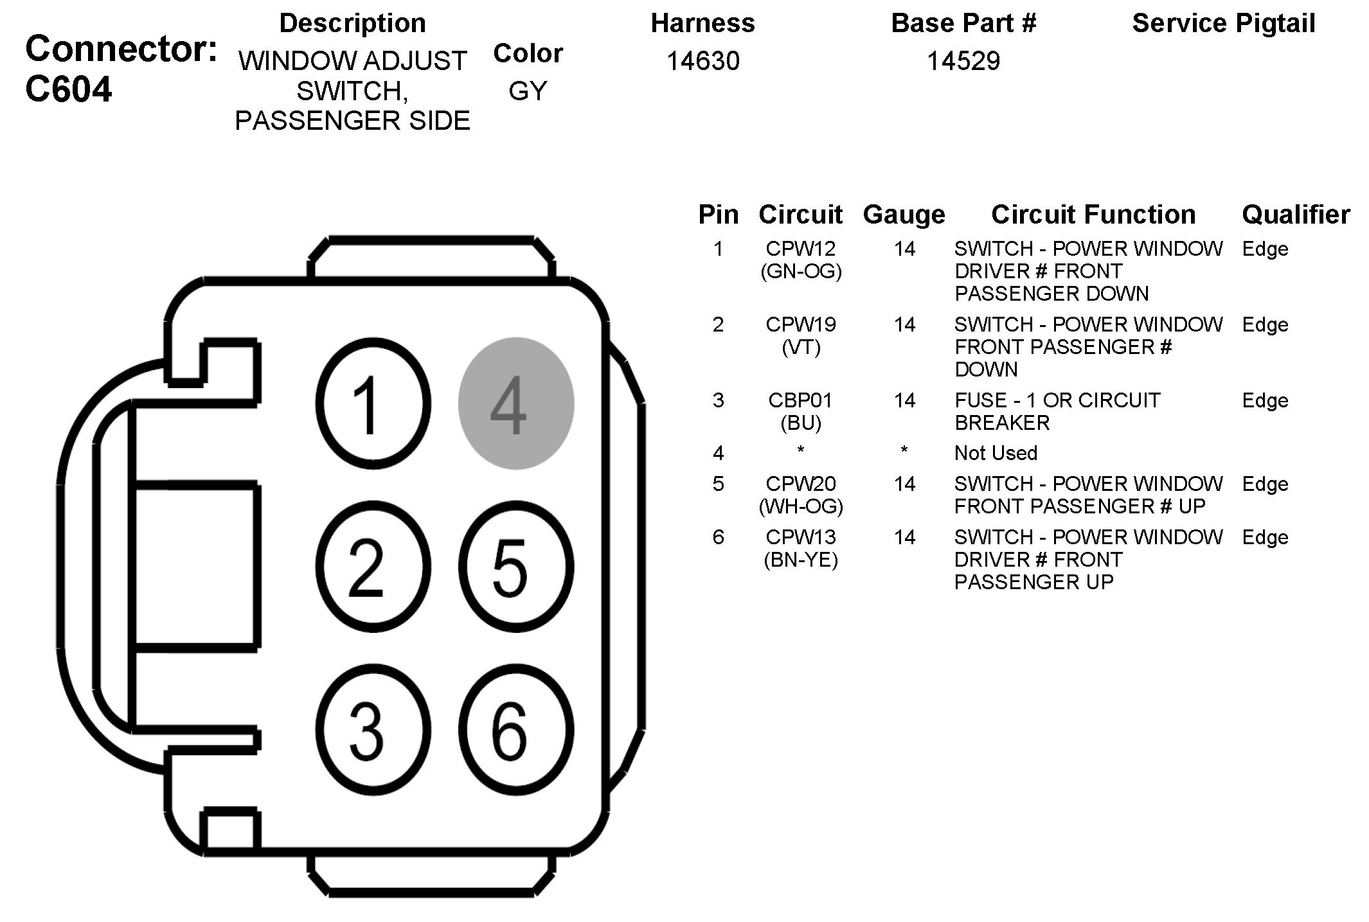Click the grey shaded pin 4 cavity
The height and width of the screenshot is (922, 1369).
coord(515,403)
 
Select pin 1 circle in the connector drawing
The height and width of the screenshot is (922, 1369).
coord(373,403)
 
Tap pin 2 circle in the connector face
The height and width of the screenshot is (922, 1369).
coord(373,567)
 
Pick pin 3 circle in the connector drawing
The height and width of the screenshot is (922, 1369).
coord(373,731)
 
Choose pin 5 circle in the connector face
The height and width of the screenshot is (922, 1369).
coord(515,567)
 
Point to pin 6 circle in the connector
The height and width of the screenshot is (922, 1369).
coord(515,731)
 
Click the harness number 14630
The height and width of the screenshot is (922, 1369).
coord(702,61)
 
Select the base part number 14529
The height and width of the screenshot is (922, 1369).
coord(963,61)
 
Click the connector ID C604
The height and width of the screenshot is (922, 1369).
coord(69,89)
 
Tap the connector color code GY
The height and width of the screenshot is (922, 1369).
coord(528,91)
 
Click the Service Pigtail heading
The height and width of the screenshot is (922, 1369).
coord(1223,23)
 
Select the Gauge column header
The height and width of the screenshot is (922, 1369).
coord(904,214)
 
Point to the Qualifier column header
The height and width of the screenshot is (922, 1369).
coord(1295,214)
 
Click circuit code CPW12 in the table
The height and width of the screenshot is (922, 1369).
coord(801,249)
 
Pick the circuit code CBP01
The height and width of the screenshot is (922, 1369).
coord(800,400)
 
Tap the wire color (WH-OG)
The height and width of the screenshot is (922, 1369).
coord(801,506)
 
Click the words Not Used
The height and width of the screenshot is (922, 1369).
coord(996,453)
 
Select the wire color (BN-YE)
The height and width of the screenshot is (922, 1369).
coord(801,560)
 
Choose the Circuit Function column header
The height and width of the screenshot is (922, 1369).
coord(1093,214)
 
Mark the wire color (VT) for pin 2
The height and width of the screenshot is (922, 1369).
coord(801,348)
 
